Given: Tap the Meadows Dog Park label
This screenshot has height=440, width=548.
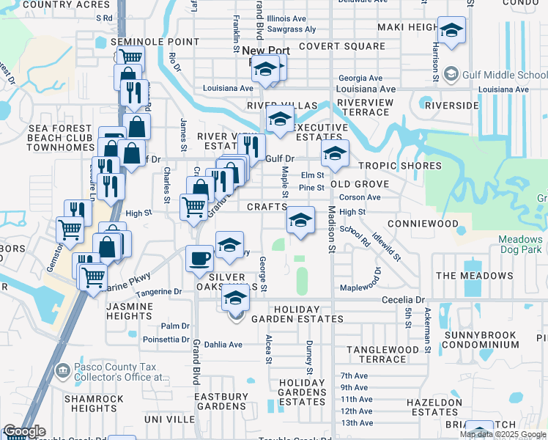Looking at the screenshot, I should [x=520, y=245].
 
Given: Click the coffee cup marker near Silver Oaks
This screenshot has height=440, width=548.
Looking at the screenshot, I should [x=200, y=258].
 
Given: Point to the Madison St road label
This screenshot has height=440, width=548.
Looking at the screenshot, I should [x=331, y=230].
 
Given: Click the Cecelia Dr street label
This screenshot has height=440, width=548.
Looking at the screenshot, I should [x=404, y=300].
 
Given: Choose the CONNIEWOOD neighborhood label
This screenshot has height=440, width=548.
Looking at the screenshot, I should [x=423, y=223].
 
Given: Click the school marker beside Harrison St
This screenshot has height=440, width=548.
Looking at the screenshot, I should [x=451, y=31].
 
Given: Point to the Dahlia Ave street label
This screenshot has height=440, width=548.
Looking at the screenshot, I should [x=224, y=344].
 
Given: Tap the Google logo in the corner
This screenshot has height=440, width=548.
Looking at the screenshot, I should [x=24, y=432].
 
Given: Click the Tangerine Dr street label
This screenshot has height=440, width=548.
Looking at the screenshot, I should [x=158, y=292].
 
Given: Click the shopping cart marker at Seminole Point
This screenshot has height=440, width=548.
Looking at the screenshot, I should [x=130, y=57].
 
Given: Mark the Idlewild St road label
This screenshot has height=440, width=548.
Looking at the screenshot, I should [x=385, y=247].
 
